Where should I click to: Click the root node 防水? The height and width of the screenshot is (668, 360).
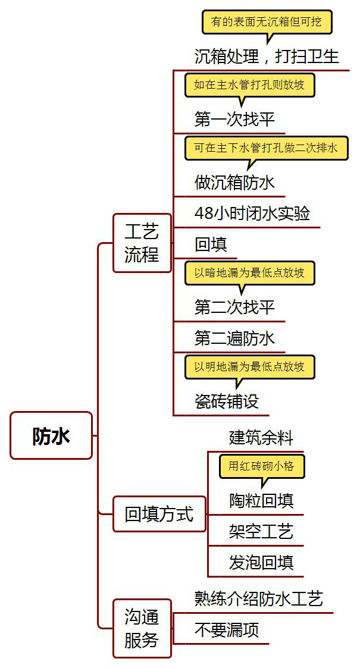coord(51,435)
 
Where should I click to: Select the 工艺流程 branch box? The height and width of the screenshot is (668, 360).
coord(142,243)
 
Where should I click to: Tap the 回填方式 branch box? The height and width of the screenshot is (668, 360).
coord(159,514)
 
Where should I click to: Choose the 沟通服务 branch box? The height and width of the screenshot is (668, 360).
coord(142,628)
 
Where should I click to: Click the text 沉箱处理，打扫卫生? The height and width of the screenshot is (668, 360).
coord(267,56)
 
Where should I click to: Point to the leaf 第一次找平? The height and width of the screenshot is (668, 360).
coord(234,119)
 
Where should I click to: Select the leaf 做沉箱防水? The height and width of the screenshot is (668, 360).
coord(234,182)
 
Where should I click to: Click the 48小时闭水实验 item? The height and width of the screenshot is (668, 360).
coord(252,213)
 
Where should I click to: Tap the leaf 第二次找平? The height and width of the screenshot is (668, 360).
coord(234,307)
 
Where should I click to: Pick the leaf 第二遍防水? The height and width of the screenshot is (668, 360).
coord(234,338)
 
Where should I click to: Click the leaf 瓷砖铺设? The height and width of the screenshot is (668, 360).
coord(227,401)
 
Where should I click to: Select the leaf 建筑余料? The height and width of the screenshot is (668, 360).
coord(261,438)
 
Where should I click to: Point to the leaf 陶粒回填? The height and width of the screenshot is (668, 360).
coord(261,501)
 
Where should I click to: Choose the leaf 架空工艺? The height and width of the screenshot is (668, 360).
coord(261,531)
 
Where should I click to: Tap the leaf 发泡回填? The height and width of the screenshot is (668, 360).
coord(261,562)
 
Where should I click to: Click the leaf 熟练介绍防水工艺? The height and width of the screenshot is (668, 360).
coord(259,598)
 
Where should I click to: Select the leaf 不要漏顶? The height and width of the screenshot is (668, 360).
coord(227,629)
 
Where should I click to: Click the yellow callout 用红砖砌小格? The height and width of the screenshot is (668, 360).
coord(262,466)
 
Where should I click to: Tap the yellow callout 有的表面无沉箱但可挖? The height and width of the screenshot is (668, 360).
coord(267,22)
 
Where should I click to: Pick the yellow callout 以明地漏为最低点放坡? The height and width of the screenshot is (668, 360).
coord(249,366)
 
